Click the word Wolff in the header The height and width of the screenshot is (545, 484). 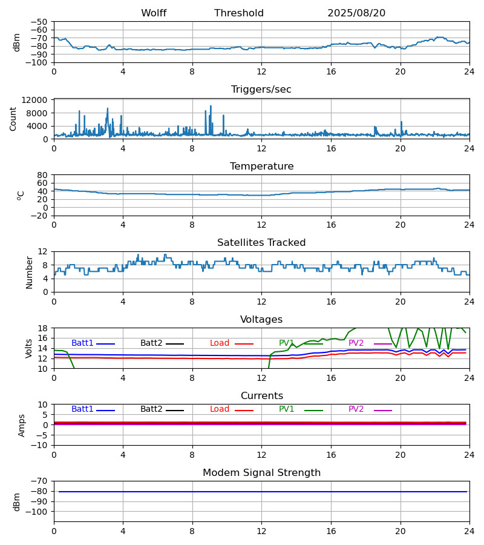[154, 13]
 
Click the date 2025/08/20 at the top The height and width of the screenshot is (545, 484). [356, 13]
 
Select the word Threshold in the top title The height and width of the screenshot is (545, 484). [239, 13]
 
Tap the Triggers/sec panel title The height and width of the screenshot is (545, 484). [261, 90]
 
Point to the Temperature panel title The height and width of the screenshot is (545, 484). [261, 167]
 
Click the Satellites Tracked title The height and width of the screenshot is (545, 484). [261, 243]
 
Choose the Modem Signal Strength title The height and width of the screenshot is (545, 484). [261, 473]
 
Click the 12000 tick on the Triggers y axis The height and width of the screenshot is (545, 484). [38, 101]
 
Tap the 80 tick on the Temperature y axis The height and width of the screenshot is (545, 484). [43, 175]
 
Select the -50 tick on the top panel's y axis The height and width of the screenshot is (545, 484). [40, 22]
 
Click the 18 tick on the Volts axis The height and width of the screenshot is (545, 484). [43, 328]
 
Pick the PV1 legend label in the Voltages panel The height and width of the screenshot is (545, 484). [286, 343]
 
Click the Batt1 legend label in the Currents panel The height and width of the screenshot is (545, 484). [82, 409]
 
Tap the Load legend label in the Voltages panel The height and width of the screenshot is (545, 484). [220, 343]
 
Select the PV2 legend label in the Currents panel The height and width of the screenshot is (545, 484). [356, 409]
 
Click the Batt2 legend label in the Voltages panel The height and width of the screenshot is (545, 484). [151, 343]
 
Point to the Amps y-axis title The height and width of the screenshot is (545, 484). [22, 425]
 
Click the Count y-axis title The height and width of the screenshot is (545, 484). [13, 119]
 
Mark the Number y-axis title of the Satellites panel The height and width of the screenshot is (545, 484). [30, 272]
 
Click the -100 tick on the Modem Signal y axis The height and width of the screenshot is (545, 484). [38, 512]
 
